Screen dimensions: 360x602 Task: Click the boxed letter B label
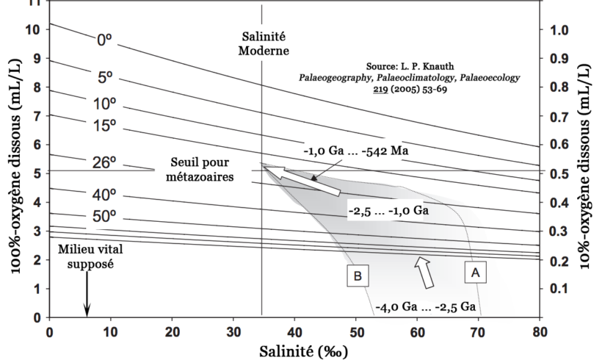click(x=358, y=276)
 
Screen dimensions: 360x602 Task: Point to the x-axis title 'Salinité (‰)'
click(x=299, y=350)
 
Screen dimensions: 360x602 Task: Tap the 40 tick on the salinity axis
click(x=294, y=331)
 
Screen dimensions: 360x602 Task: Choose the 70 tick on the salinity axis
click(x=479, y=331)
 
